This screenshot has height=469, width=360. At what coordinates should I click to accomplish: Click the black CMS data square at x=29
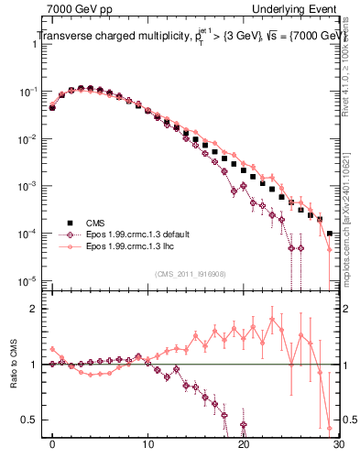coord(329,234)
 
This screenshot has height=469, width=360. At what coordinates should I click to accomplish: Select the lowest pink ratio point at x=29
coord(329,428)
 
